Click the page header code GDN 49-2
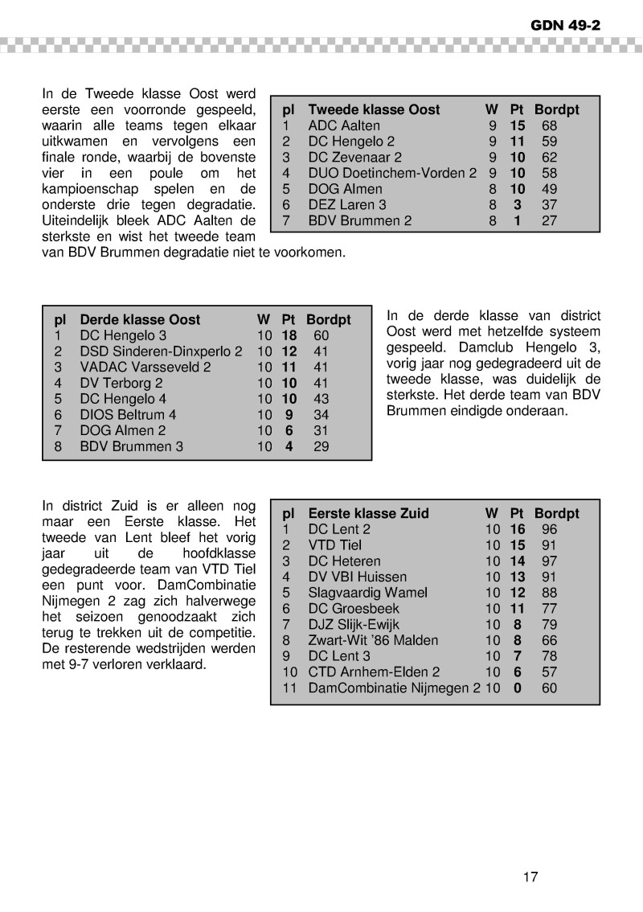point(565,25)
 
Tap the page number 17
point(530,877)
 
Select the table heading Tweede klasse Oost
point(374,110)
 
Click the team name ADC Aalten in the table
point(344,125)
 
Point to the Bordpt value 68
point(549,125)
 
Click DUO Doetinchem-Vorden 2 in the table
point(392,173)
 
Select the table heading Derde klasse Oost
point(140,320)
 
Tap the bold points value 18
point(289,335)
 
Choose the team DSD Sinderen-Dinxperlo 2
point(161,351)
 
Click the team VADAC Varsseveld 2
point(145,368)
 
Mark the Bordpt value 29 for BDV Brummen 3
point(321,446)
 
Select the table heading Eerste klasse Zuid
point(368,514)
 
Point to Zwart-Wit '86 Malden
point(373,640)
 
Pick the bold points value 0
point(517,688)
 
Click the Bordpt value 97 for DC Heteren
point(549,561)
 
